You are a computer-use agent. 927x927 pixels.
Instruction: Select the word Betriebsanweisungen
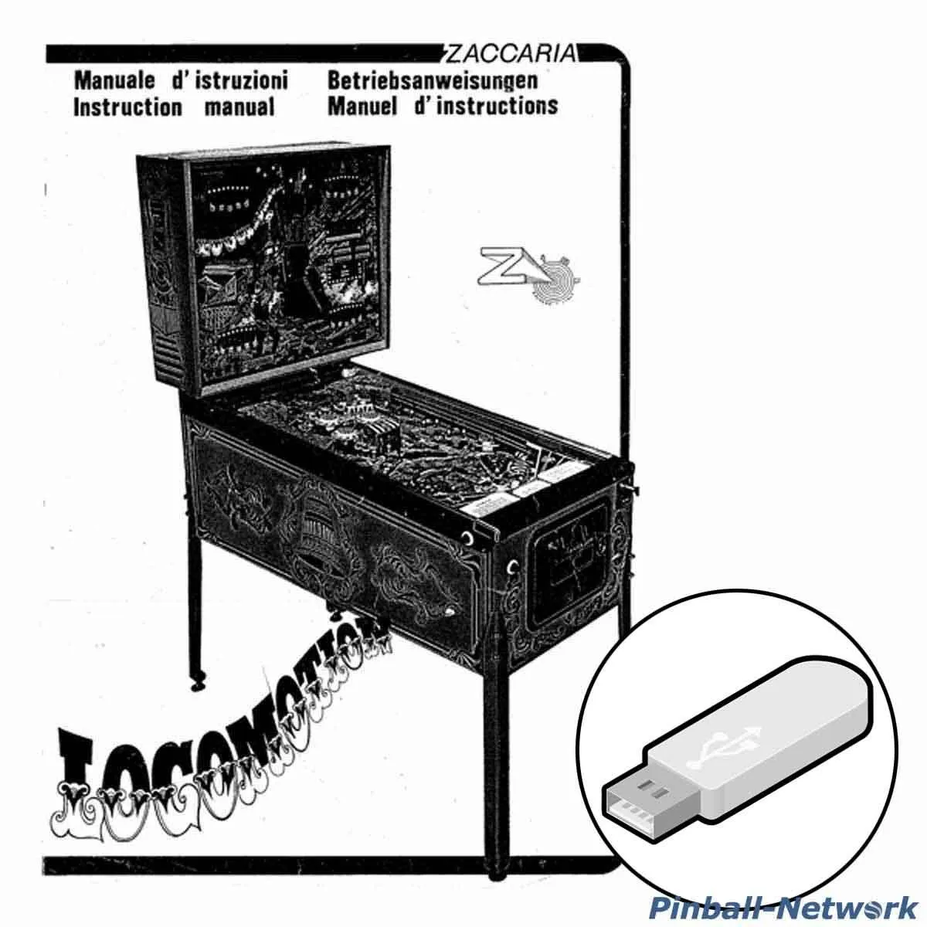pyautogui.click(x=433, y=80)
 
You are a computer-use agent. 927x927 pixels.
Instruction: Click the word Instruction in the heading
pyautogui.click(x=127, y=107)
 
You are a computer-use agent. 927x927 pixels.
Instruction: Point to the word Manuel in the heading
pyautogui.click(x=362, y=105)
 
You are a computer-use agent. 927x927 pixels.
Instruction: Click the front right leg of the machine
pyautogui.click(x=492, y=726)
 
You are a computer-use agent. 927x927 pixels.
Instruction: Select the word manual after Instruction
pyautogui.click(x=239, y=107)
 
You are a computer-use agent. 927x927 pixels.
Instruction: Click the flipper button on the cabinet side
pyautogui.click(x=468, y=536)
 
